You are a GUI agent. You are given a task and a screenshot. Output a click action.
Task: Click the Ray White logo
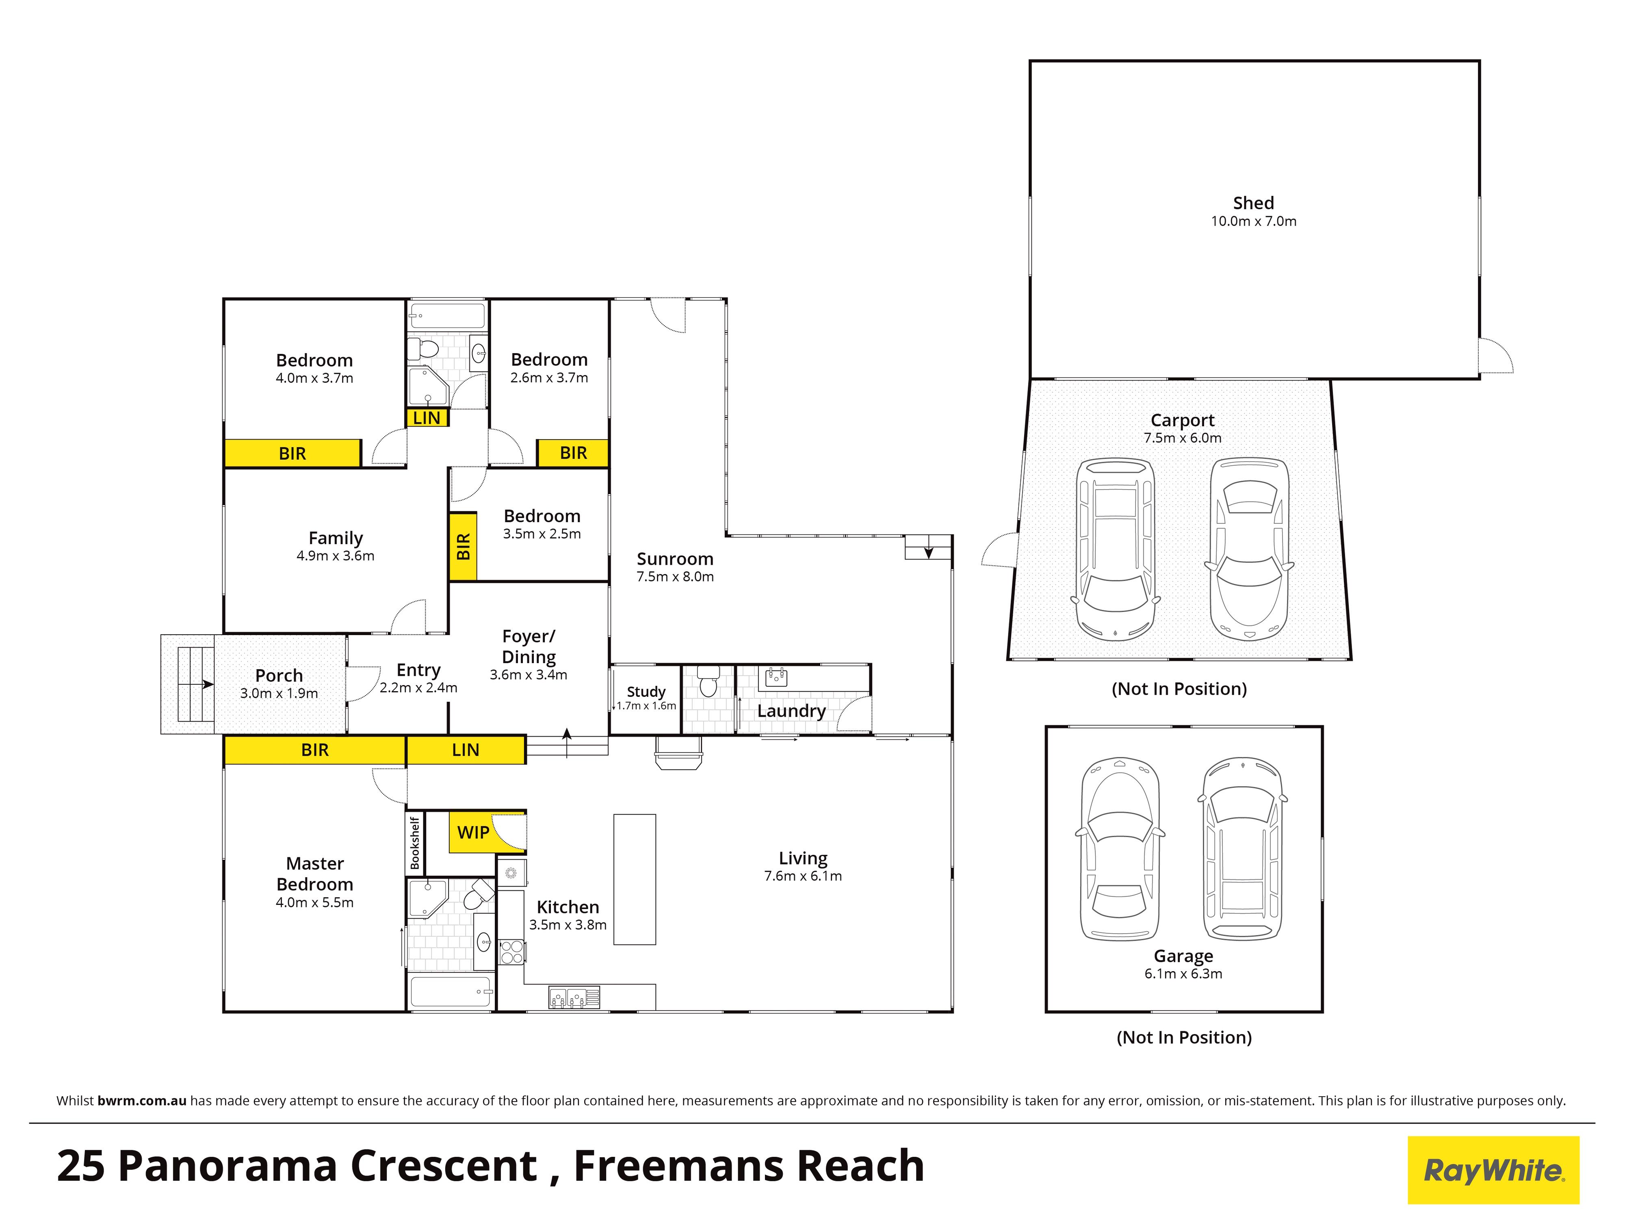click(x=1493, y=1170)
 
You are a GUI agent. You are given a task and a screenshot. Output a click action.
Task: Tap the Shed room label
click(x=1253, y=203)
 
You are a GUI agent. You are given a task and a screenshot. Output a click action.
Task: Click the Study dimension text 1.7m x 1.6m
click(x=646, y=705)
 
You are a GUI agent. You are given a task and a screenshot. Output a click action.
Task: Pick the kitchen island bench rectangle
click(x=635, y=879)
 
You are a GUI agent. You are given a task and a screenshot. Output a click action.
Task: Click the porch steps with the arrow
click(x=188, y=684)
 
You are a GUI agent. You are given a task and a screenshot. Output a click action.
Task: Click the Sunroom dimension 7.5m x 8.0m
click(x=675, y=577)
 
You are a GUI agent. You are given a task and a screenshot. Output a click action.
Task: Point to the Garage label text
click(x=1183, y=956)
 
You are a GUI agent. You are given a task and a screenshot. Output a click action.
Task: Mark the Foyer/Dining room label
click(x=529, y=646)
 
